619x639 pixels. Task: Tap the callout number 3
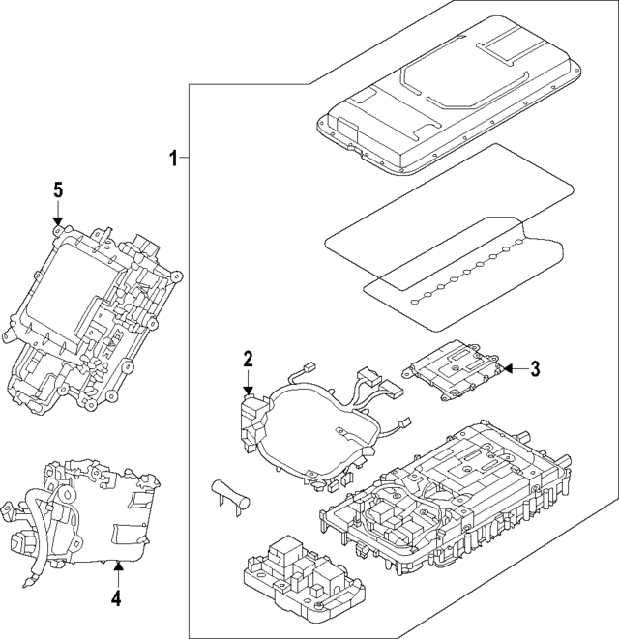(x=536, y=368)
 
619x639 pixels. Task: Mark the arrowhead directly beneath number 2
(x=248, y=389)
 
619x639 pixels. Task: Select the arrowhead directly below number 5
(x=57, y=223)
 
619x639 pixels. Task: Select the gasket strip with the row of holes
(x=464, y=276)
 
